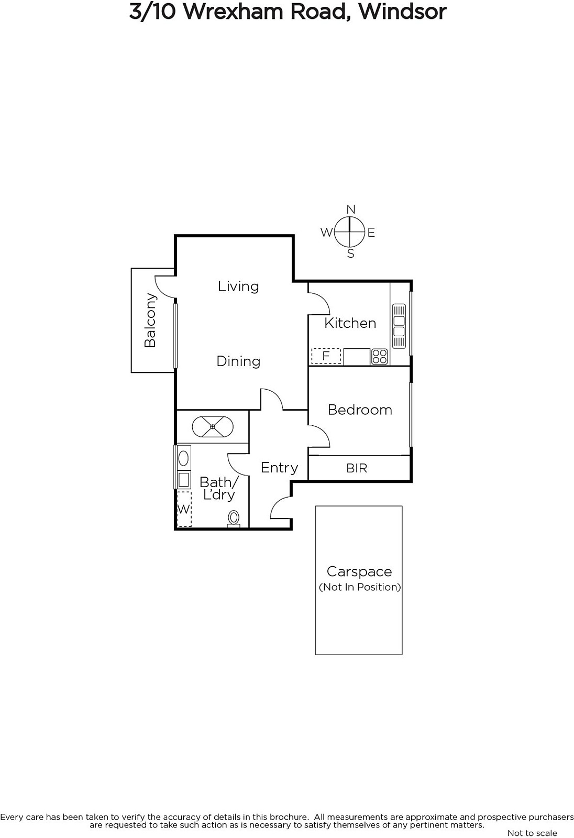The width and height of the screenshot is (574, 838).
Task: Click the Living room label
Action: click(x=238, y=286)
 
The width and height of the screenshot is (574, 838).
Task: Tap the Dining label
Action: click(x=238, y=361)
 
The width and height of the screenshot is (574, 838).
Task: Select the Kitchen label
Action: click(x=350, y=323)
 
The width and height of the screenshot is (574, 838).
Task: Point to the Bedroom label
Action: click(x=360, y=410)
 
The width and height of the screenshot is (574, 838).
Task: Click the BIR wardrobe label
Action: click(x=357, y=468)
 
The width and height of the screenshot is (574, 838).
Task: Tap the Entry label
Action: click(x=280, y=468)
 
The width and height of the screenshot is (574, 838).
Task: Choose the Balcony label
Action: click(x=150, y=320)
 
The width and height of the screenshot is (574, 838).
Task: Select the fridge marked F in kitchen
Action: click(x=326, y=356)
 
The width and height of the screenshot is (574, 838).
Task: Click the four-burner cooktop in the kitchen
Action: click(x=379, y=357)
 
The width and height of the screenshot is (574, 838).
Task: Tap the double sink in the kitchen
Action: click(x=399, y=326)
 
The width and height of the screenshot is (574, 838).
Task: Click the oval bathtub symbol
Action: click(x=213, y=426)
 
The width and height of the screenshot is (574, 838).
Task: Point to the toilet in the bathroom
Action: click(x=234, y=519)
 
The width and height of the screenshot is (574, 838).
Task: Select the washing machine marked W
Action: click(x=184, y=509)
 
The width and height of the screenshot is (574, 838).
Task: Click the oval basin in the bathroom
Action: click(x=183, y=458)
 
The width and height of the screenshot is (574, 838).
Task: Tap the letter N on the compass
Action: click(x=350, y=209)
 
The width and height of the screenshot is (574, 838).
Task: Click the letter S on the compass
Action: click(x=350, y=254)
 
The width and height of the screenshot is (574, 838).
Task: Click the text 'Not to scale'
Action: click(x=533, y=833)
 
